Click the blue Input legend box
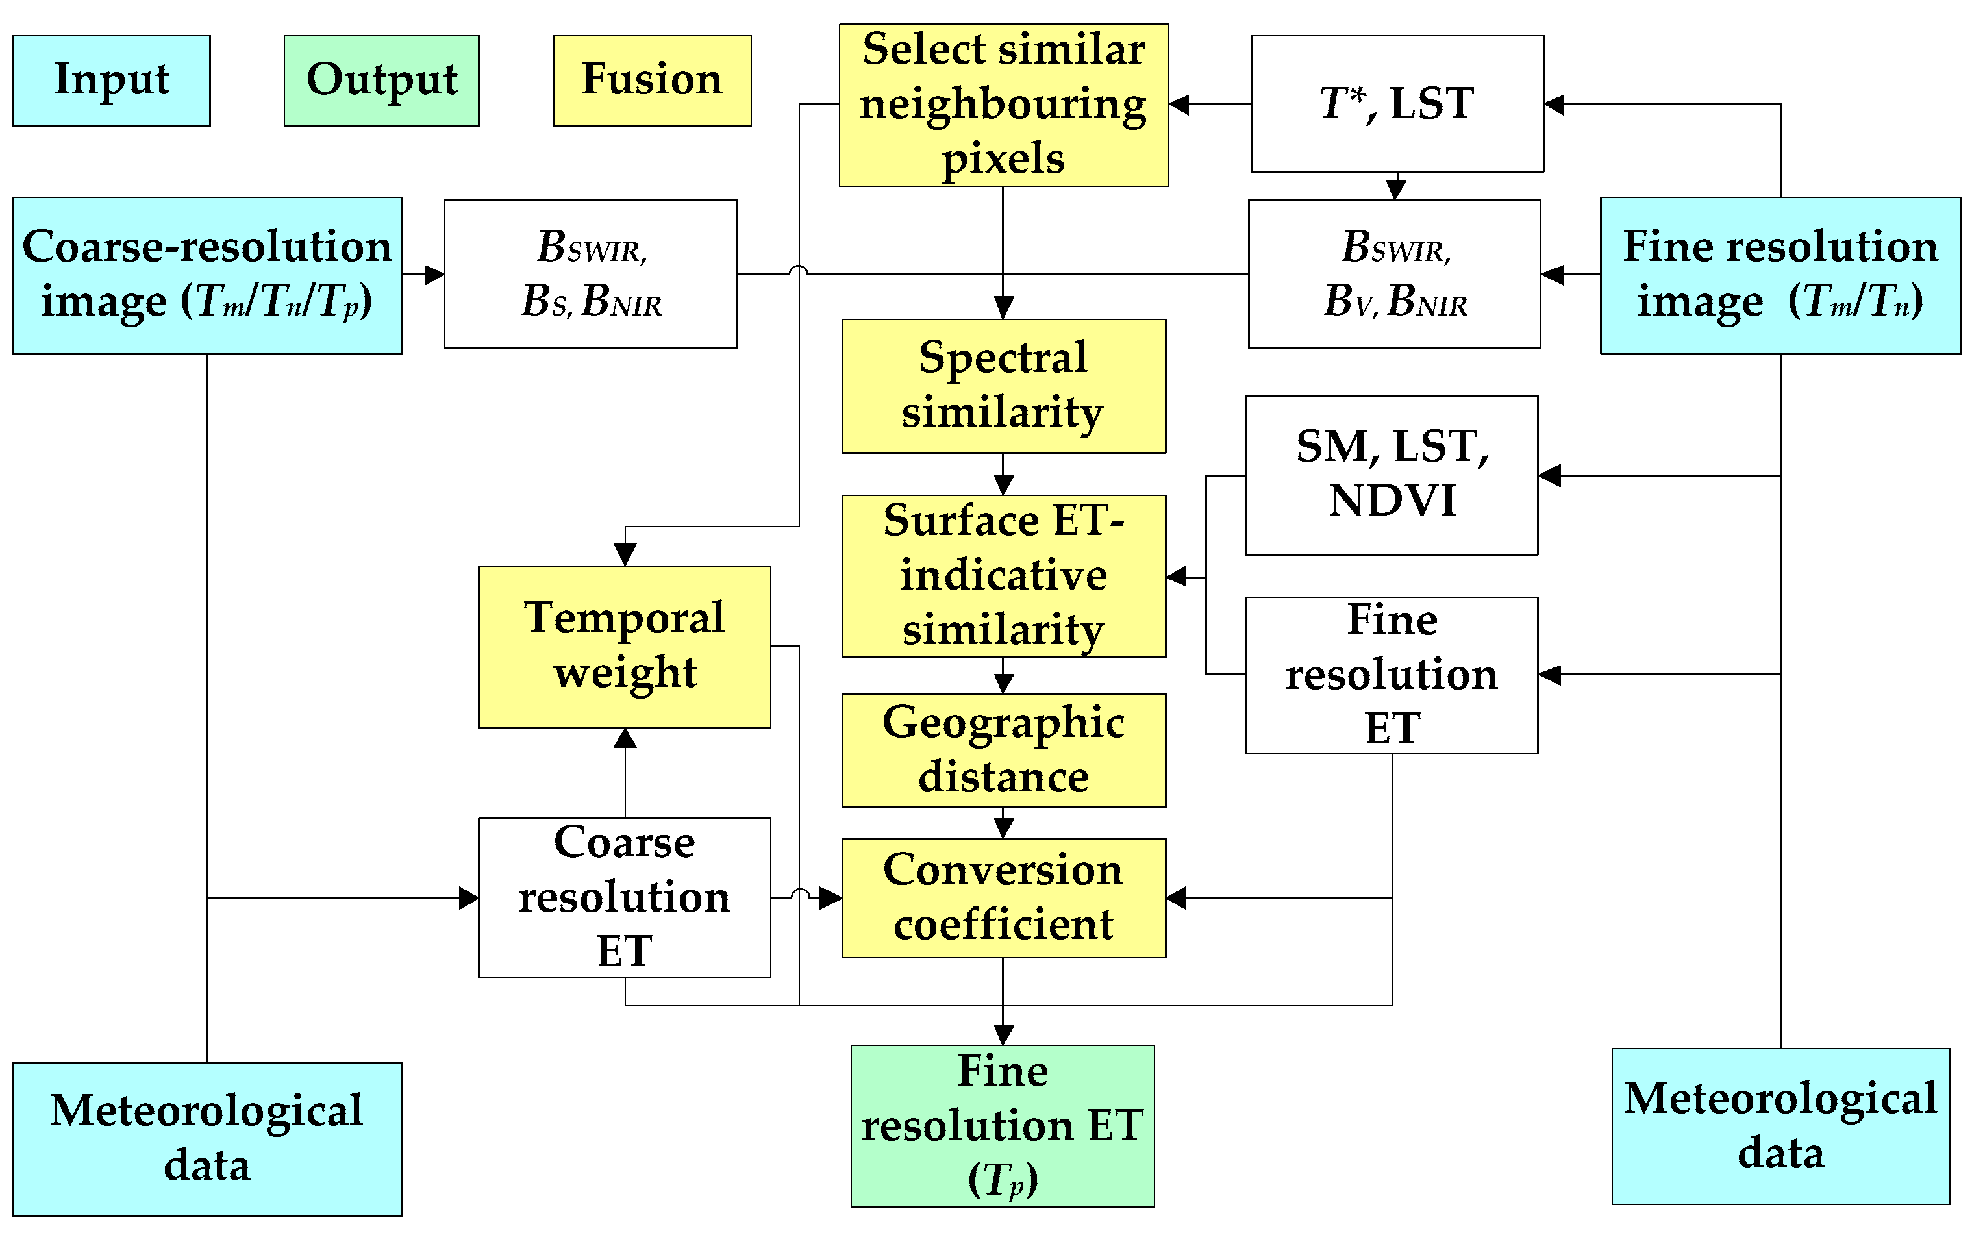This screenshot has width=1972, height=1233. pyautogui.click(x=111, y=81)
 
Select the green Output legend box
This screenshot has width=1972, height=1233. pyautogui.click(x=381, y=81)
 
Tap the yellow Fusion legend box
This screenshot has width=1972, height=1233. pyautogui.click(x=652, y=81)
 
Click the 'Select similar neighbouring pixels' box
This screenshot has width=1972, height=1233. pyautogui.click(x=1003, y=105)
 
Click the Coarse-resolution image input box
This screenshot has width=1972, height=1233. pyautogui.click(x=206, y=275)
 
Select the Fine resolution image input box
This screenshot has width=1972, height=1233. pyautogui.click(x=1780, y=275)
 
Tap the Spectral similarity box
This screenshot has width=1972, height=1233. pyautogui.click(x=1003, y=386)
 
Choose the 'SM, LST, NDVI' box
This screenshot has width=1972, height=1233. pyautogui.click(x=1392, y=475)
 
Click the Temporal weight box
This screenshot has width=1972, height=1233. pyautogui.click(x=624, y=646)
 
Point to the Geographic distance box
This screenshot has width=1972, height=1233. pyautogui.click(x=1003, y=750)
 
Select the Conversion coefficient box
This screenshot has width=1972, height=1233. pyautogui.click(x=1003, y=897)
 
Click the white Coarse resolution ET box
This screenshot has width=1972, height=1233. pyautogui.click(x=624, y=897)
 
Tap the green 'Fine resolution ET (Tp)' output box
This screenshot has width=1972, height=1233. pyautogui.click(x=1003, y=1125)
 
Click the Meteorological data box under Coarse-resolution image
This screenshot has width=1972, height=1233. pyautogui.click(x=206, y=1138)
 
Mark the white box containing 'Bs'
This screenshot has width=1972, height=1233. pyautogui.click(x=590, y=274)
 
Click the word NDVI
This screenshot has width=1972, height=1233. pyautogui.click(x=1392, y=501)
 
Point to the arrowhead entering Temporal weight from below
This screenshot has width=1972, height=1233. pyautogui.click(x=625, y=739)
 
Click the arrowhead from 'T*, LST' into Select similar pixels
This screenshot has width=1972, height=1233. pyautogui.click(x=1179, y=105)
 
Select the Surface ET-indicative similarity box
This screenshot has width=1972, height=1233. pyautogui.click(x=1003, y=576)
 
